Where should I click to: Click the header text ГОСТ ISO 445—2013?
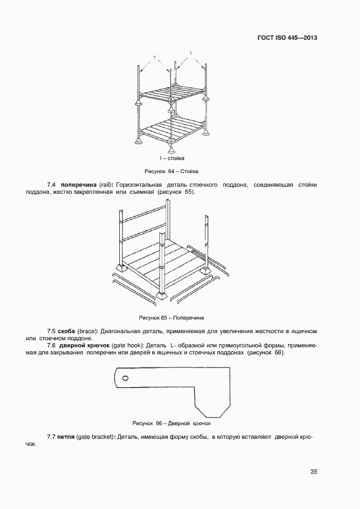[x=287, y=38]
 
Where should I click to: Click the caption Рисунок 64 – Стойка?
[x=171, y=172]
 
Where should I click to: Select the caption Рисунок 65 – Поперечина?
[x=172, y=317]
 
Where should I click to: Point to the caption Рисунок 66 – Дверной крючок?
[x=171, y=423]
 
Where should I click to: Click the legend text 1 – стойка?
[x=172, y=158]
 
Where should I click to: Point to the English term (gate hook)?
[x=127, y=346]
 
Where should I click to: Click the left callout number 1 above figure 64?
[x=155, y=57]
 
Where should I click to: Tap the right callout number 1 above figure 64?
[x=191, y=53]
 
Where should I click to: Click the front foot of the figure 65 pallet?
[x=162, y=296]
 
